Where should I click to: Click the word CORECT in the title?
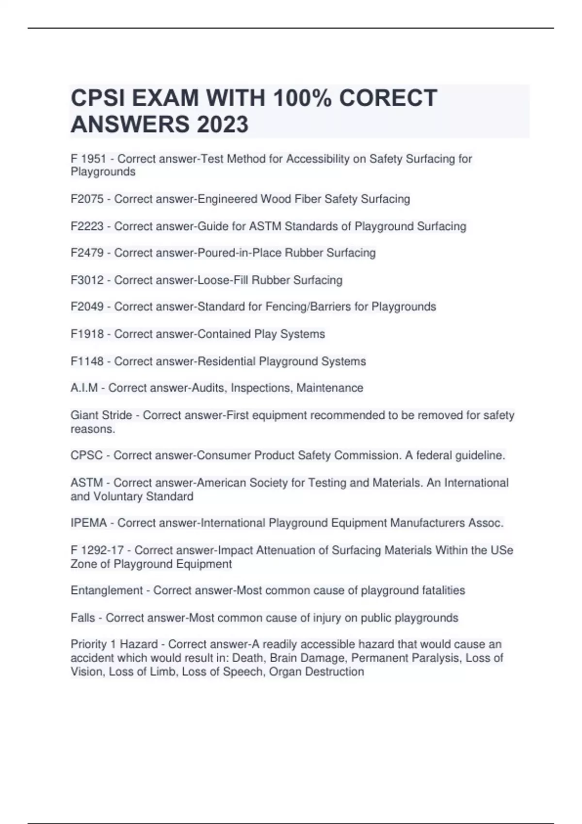point(388,98)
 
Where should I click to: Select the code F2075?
point(87,199)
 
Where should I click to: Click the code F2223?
point(87,226)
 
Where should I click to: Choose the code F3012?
point(87,280)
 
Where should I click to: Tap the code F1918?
point(87,334)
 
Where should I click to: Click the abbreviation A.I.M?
point(84,388)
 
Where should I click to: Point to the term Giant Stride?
point(101,415)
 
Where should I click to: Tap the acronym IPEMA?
point(89,523)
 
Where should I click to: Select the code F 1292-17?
point(97,551)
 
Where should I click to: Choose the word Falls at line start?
point(83,618)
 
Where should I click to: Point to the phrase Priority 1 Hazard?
point(114,645)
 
